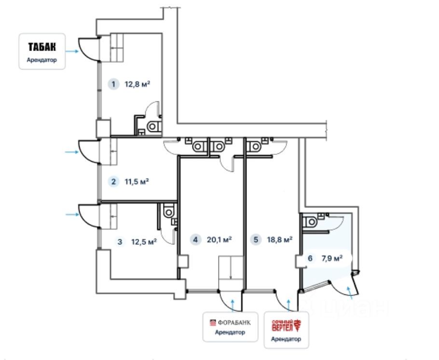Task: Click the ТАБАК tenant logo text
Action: tap(42, 47)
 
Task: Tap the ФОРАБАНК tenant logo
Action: tap(230, 322)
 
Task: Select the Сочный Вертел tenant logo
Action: tap(286, 326)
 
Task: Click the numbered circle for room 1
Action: tap(113, 84)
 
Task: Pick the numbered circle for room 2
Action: tap(113, 181)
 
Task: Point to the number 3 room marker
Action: tap(120, 241)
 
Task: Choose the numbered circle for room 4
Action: tap(195, 239)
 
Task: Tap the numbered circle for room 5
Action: tap(256, 239)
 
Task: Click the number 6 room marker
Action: tap(310, 258)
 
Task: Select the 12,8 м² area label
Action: tap(137, 84)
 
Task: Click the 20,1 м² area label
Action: tap(219, 239)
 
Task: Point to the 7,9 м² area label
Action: tap(332, 258)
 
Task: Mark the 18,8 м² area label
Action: tap(280, 239)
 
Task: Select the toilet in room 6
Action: tap(310, 222)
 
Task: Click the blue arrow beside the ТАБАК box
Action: tap(72, 51)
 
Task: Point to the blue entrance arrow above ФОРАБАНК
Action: tap(233, 305)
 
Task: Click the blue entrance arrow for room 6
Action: tap(349, 293)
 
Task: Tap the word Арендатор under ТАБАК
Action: tap(41, 60)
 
